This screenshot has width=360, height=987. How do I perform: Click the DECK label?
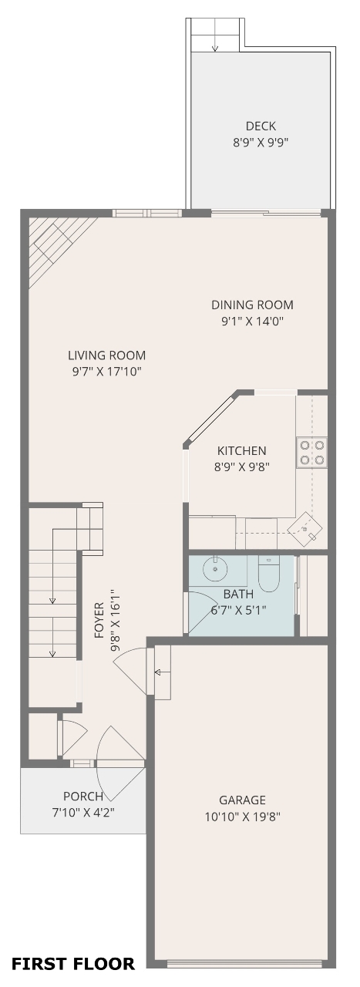point(261,126)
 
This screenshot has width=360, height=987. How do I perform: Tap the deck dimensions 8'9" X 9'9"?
point(261,143)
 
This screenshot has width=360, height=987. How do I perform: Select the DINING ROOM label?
point(252,305)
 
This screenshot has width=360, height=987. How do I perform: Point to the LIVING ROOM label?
point(106,355)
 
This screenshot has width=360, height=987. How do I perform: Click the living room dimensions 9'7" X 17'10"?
point(106,372)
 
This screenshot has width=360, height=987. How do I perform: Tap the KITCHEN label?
point(241,451)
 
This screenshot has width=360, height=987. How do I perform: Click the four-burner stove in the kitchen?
point(311,452)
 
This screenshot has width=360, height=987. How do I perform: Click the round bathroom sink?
point(216,569)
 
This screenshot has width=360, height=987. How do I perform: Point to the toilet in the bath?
point(269,573)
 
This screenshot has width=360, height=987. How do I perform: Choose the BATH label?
point(238,594)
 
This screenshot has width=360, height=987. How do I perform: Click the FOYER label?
point(99,621)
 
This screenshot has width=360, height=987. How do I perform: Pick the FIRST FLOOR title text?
point(73,964)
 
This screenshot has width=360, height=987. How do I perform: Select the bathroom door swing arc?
point(207,605)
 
